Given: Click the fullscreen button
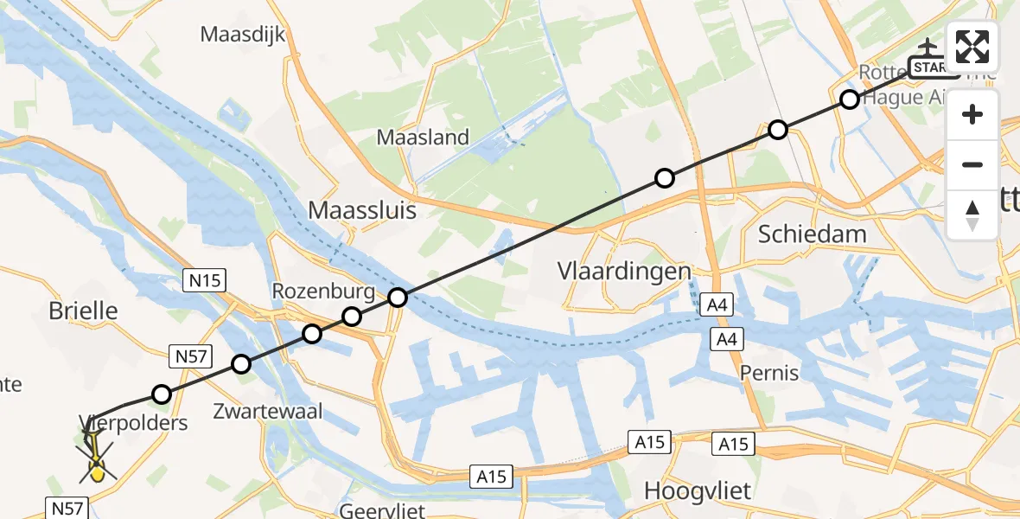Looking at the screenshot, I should pos(972,47).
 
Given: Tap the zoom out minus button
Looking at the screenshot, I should pos(972,164).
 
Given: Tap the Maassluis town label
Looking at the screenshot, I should pos(363,210).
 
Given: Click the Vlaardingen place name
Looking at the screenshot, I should pos(624,271).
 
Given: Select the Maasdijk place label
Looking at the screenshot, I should pos(242,35).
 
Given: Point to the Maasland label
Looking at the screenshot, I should pos(423,137).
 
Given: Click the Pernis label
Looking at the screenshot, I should pos(769,373).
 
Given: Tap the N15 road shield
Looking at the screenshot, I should pos(201,279).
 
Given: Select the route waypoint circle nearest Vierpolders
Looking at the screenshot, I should pos(162,395).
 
